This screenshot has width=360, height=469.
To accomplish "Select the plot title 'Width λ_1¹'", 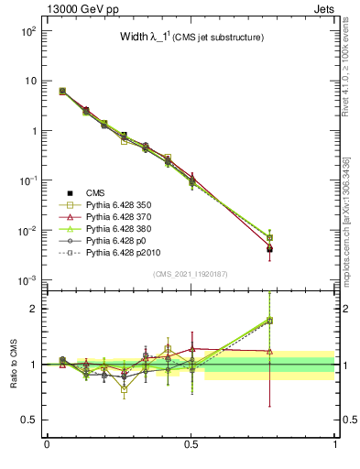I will [146, 38].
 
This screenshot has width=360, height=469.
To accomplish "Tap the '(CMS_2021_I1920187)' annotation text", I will [191, 274].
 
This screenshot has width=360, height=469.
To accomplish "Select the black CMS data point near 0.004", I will [321, 249].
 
